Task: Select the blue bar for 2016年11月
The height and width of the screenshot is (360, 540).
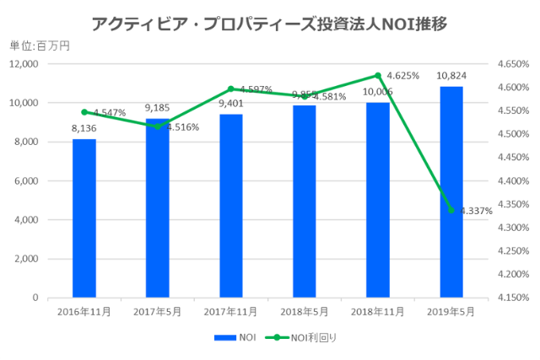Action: (84, 219)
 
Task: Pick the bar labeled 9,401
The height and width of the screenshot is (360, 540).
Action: (230, 207)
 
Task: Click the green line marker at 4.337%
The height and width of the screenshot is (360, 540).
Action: (451, 210)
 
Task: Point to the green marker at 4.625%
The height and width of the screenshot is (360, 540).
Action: (377, 75)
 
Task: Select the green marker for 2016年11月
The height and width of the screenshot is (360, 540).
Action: (84, 111)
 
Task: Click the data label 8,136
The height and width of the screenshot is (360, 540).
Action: (84, 129)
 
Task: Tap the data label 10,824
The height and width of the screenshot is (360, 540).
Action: (450, 76)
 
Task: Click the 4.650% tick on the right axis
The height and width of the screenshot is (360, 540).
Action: (512, 64)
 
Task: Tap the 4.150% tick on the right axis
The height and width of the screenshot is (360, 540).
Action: (512, 298)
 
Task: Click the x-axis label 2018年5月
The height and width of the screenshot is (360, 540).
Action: (304, 311)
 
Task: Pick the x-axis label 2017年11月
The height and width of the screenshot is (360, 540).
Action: (230, 311)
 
